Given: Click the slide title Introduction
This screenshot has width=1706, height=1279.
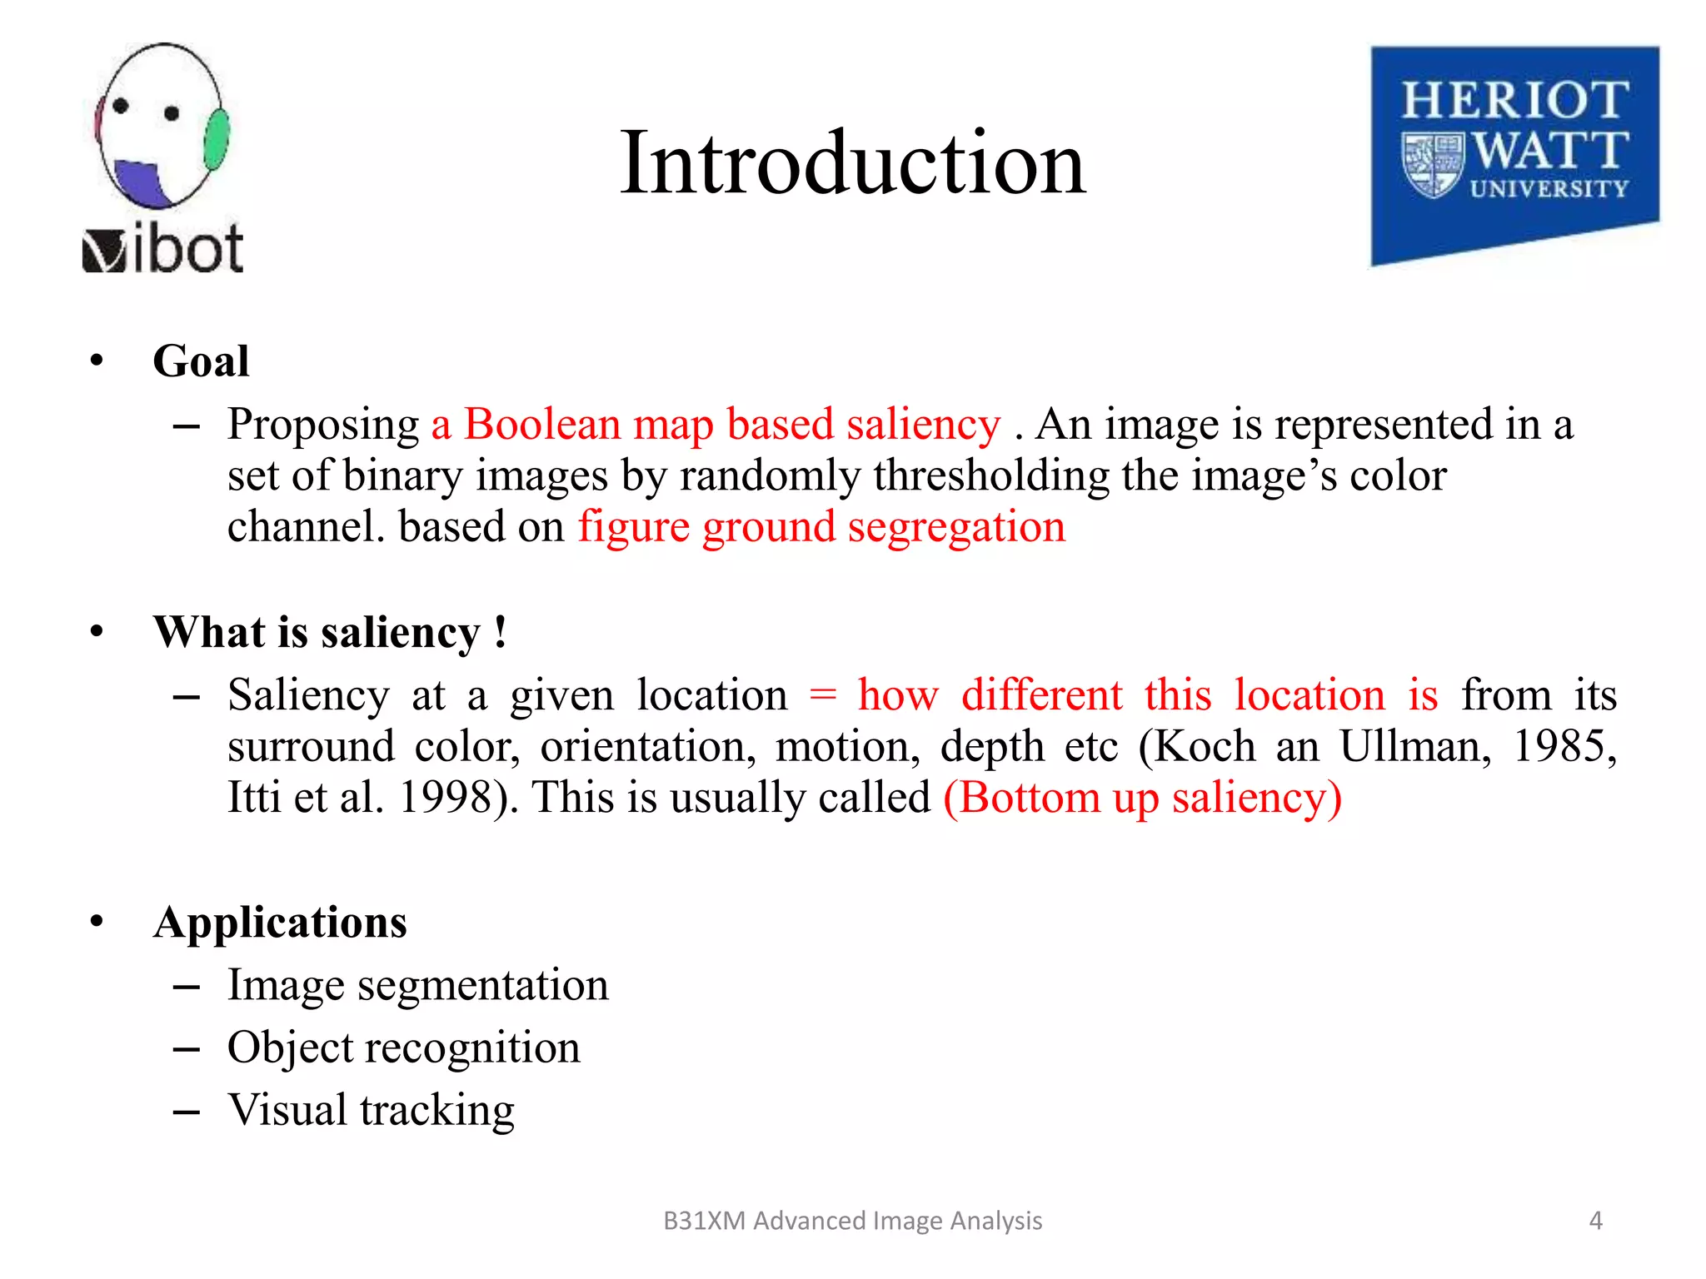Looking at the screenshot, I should pos(852,163).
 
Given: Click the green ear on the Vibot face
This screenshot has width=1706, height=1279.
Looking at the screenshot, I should pos(216,139).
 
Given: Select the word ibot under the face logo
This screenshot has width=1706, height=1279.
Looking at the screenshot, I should pos(189,249).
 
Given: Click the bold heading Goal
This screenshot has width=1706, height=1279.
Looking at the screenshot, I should pos(201,361).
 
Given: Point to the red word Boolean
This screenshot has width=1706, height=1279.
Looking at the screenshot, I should pos(541,425).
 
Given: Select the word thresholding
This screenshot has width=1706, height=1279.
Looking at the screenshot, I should pos(991,476).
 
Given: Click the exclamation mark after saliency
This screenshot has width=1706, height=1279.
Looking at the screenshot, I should pos(499,632).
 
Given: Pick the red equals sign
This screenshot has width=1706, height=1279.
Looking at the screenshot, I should pos(822,695).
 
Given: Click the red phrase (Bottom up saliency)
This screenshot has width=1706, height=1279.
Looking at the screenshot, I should pos(1142,798).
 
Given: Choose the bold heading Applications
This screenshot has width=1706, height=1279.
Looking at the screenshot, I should pos(280,923).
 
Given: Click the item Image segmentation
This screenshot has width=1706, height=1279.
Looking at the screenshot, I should pos(418,985).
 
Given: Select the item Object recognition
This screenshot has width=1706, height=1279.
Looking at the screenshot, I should pos(404,1048).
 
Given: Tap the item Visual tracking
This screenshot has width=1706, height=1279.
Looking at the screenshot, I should pos(372,1110).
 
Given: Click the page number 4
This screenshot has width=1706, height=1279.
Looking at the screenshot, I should pos(1595,1221).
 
